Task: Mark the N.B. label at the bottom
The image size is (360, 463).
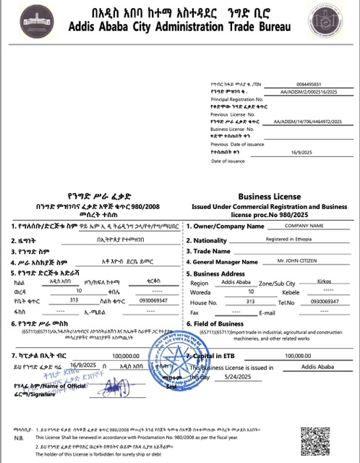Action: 17,438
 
